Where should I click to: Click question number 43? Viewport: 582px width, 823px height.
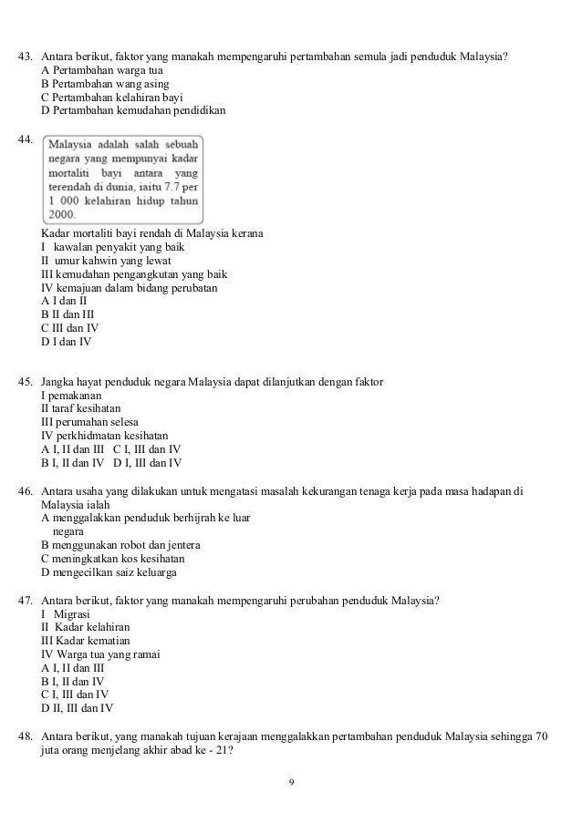(26, 57)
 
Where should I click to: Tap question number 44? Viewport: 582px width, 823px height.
(26, 140)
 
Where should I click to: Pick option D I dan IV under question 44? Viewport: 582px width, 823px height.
(67, 343)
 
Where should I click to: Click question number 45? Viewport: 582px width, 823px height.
(26, 381)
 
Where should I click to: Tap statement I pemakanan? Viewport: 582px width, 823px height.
(71, 395)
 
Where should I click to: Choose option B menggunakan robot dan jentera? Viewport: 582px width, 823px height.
(120, 545)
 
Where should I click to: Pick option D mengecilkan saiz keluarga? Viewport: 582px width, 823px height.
(109, 572)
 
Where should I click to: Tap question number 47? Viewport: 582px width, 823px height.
(26, 600)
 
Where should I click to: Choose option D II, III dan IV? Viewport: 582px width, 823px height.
(78, 707)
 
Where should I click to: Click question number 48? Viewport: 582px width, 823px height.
(26, 736)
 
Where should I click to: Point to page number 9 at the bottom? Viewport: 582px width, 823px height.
(291, 782)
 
